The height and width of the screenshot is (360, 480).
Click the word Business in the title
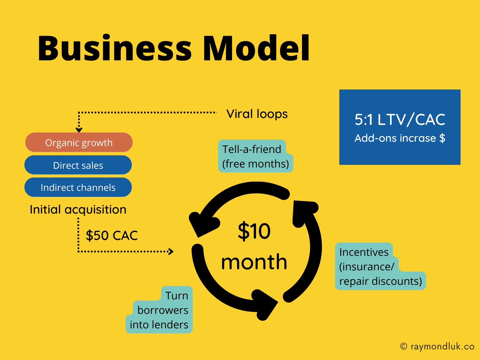[114, 48]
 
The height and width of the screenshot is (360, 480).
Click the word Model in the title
[256, 48]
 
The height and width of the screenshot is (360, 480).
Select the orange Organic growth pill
[79, 142]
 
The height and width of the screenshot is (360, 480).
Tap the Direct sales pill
[78, 165]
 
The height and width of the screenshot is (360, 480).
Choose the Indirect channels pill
[78, 187]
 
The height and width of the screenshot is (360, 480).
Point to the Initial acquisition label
[78, 210]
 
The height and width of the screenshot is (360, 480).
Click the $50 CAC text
[112, 235]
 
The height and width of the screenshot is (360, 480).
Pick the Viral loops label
[257, 114]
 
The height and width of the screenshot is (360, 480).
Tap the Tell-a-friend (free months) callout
[255, 156]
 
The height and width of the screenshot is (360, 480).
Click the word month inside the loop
[254, 262]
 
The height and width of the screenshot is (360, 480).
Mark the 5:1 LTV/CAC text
[400, 119]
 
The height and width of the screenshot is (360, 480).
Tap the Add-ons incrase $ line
[400, 138]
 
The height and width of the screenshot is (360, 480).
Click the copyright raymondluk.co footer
[437, 346]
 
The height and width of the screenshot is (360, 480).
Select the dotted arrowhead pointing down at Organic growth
[79, 130]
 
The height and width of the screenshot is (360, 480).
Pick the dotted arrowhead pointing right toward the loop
[170, 252]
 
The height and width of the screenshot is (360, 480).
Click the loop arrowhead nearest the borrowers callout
[265, 303]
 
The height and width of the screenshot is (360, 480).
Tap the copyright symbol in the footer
[404, 346]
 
